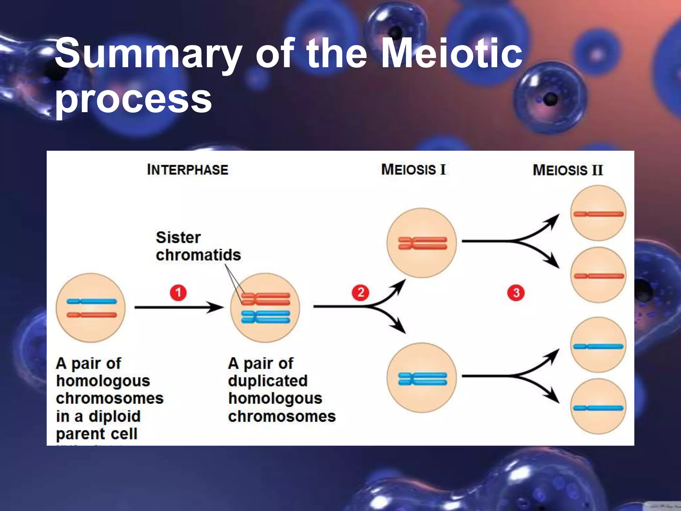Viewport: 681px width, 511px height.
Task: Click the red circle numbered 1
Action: (178, 293)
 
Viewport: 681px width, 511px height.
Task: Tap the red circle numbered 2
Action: (360, 293)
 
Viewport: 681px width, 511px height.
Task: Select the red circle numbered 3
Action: (516, 293)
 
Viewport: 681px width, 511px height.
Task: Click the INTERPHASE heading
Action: (188, 170)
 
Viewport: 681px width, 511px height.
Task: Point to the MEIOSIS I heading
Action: (413, 170)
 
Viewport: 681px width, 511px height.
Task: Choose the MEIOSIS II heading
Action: (568, 170)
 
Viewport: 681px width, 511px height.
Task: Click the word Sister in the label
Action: (178, 238)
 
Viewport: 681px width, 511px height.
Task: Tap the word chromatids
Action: (198, 255)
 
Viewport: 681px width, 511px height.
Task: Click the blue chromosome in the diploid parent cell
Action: (92, 301)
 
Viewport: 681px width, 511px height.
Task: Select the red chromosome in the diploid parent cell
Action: (92, 315)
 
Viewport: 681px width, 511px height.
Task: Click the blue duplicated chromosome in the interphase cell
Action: (265, 317)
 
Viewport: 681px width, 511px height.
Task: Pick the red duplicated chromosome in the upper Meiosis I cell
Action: (423, 243)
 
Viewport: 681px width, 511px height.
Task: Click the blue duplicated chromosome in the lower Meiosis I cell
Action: (423, 379)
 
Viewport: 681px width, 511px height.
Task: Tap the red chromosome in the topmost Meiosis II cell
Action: (598, 214)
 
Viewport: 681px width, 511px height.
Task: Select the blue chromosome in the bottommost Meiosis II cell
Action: (598, 408)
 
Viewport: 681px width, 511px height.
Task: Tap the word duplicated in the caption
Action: (268, 381)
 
